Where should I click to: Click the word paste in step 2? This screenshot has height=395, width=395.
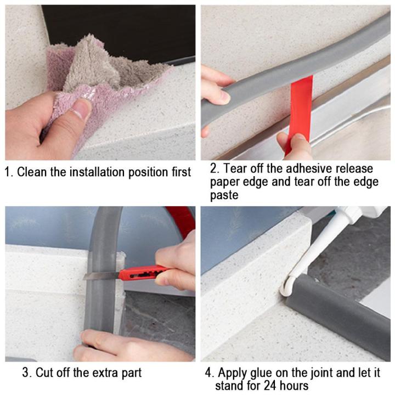224,195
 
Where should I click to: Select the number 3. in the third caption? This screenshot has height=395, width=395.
26,373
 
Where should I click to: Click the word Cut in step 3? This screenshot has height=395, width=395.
46,373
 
